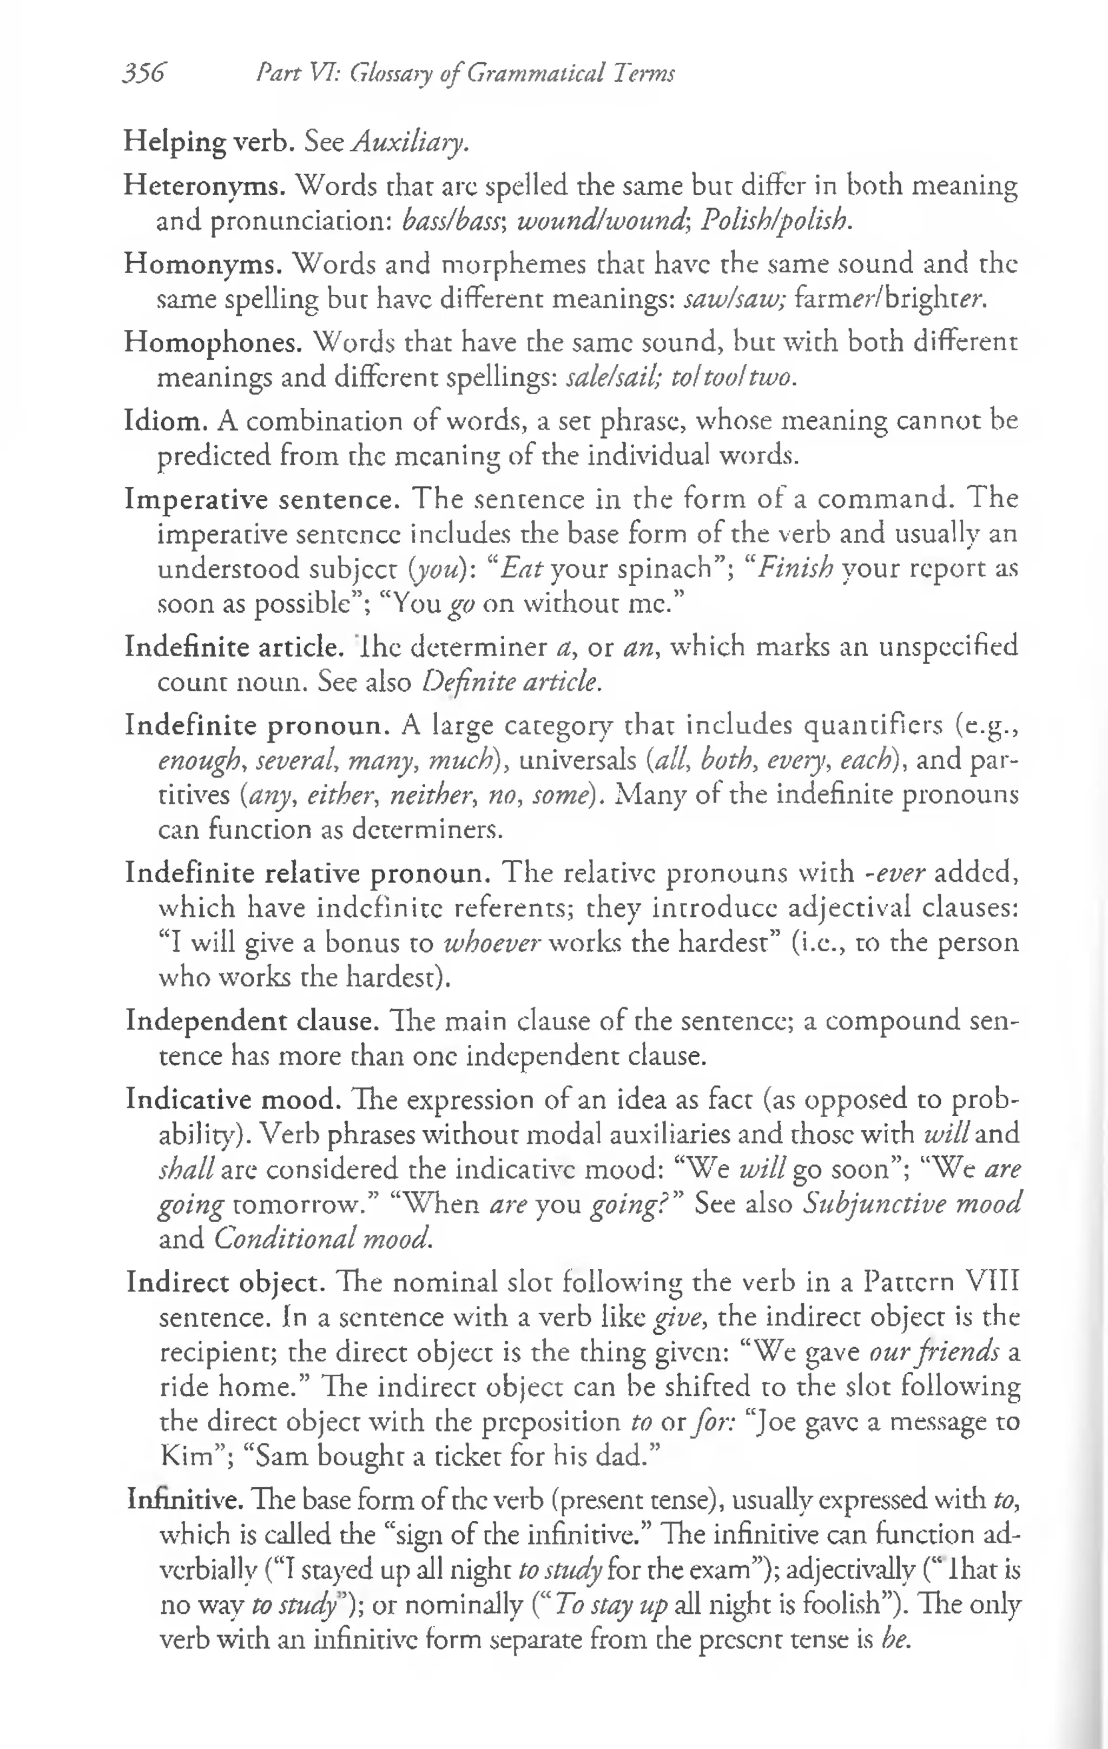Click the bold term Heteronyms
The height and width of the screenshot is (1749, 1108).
[204, 187]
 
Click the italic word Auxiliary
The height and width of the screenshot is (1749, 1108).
[410, 142]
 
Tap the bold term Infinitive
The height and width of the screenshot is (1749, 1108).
[185, 1499]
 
